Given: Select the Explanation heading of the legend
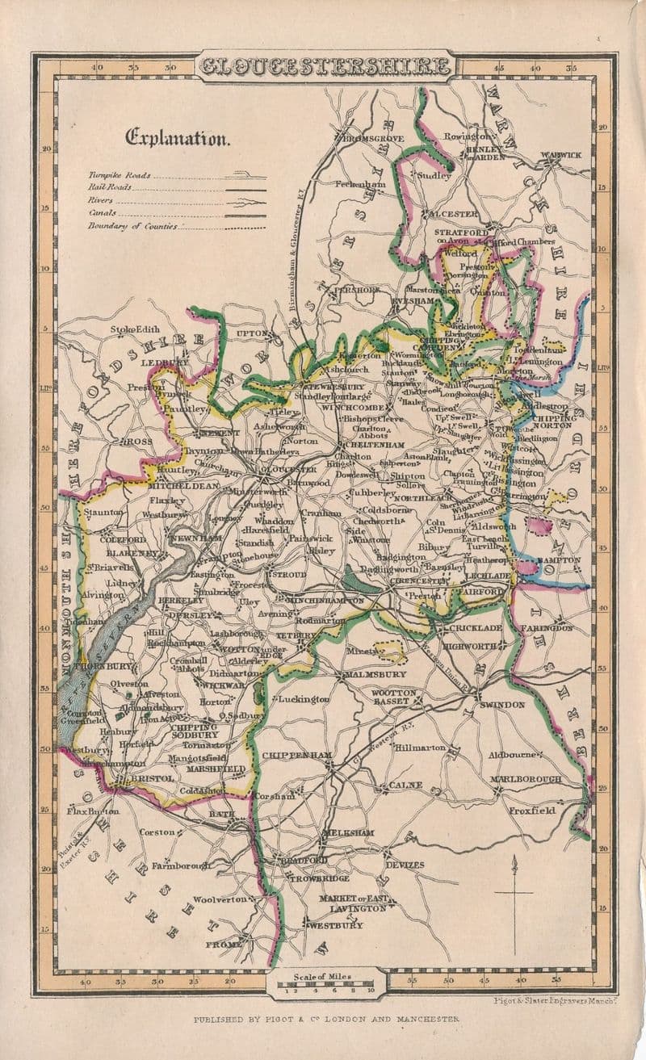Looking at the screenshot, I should coord(177,138).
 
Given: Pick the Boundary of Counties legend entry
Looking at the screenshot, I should coord(133,227).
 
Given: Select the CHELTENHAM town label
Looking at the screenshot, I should coord(373,445).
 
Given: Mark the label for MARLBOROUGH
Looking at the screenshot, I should coord(525,779).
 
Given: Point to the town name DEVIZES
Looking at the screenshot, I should coord(405,865).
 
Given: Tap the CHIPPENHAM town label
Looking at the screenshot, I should coord(297,755).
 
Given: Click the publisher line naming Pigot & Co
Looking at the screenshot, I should coord(326,1020).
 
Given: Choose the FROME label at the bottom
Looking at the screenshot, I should coord(223,944).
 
